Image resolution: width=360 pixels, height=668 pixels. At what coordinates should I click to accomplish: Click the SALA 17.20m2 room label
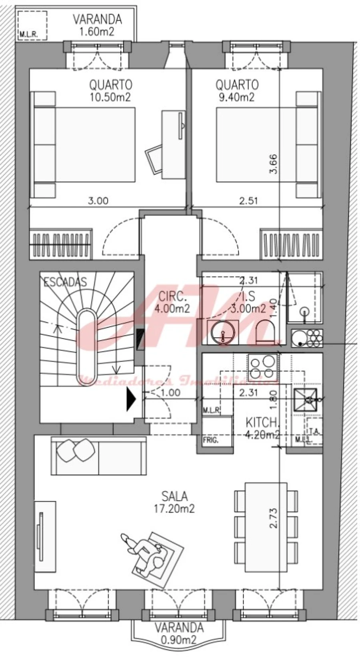[174, 502]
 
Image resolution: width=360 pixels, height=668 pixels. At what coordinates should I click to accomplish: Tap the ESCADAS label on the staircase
[65, 282]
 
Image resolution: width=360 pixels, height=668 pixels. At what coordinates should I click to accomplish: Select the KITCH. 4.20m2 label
[262, 428]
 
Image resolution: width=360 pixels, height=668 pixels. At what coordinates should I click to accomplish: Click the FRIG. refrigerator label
[210, 441]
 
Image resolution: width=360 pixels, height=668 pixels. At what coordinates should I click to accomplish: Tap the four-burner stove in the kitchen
[262, 367]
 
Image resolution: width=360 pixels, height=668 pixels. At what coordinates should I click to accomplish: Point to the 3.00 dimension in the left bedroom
[98, 200]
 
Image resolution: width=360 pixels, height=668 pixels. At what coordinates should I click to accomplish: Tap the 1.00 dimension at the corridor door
[170, 393]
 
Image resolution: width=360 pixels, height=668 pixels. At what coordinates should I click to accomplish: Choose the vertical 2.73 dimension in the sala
[274, 518]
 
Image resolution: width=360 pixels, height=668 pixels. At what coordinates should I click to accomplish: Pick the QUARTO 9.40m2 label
[237, 91]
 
